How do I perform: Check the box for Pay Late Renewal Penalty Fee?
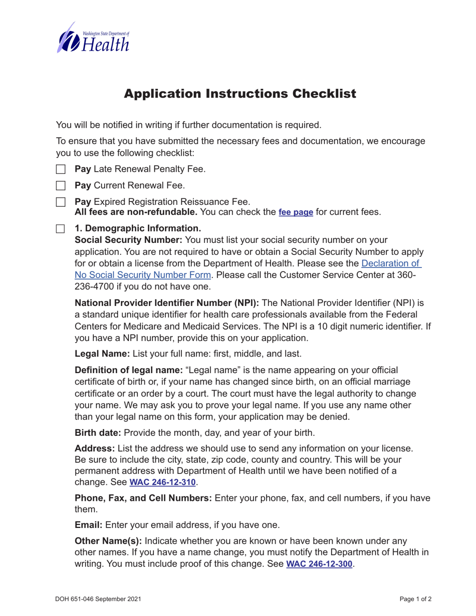(61, 170)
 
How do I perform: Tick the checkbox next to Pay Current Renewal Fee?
(61, 186)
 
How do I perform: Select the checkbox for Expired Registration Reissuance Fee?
(61, 202)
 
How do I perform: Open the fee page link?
(296, 212)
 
